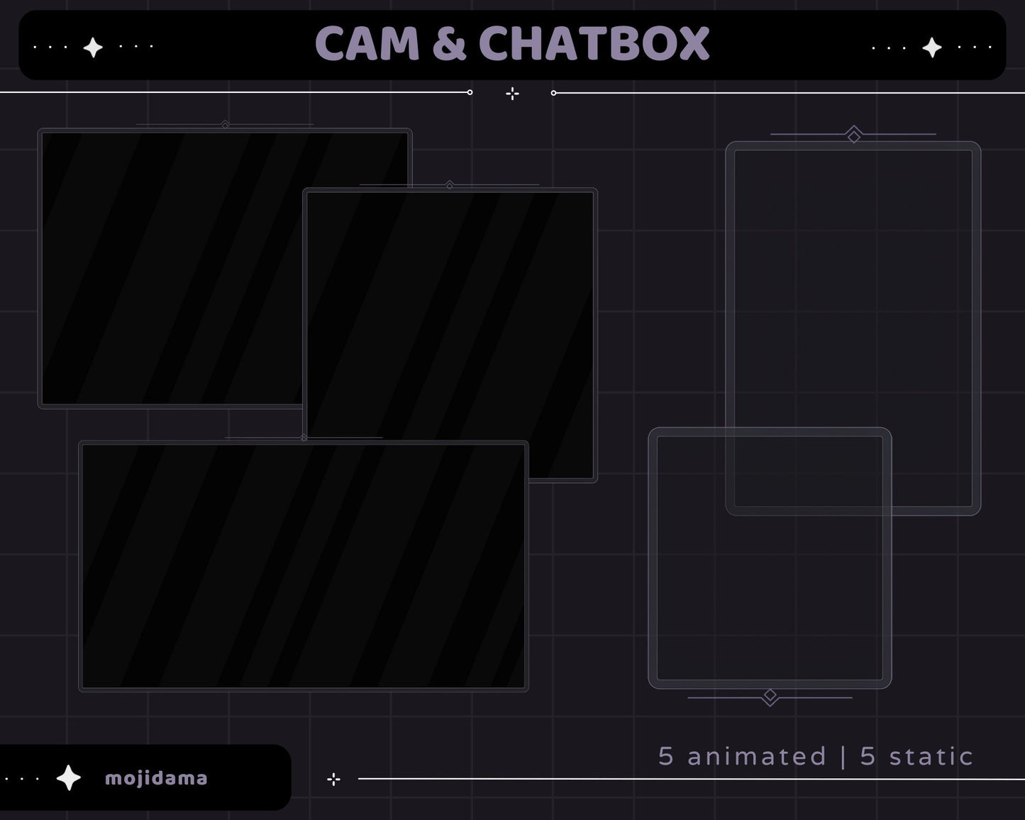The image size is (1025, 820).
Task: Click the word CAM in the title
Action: (x=367, y=44)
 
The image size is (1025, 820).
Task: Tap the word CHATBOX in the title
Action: (x=594, y=44)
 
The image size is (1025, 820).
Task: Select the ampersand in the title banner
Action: (x=448, y=44)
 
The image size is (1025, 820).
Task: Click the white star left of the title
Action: (x=93, y=48)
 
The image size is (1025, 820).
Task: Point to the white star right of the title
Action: (x=931, y=48)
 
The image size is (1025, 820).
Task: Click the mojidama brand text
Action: (x=156, y=778)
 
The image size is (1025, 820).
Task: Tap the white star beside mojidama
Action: (x=69, y=778)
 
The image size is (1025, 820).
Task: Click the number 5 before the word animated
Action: (x=665, y=756)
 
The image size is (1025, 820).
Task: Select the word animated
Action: (x=757, y=756)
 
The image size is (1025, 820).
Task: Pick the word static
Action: (x=931, y=756)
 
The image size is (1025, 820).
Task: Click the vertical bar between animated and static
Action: (x=843, y=756)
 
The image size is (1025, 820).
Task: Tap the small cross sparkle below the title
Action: (x=512, y=94)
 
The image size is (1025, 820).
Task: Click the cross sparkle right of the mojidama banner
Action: (x=333, y=780)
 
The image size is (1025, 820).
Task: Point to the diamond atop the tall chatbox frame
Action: (x=854, y=135)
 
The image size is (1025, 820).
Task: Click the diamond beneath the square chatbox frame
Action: (x=770, y=696)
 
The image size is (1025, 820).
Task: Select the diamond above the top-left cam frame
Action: (x=225, y=125)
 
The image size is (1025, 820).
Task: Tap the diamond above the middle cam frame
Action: (x=449, y=185)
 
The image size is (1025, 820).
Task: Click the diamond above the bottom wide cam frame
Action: (x=304, y=438)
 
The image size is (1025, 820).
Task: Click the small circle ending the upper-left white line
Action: (x=470, y=92)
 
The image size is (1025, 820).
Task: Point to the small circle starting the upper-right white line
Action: (x=553, y=93)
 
